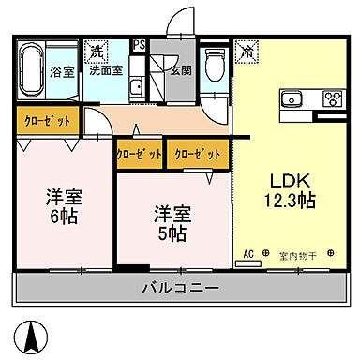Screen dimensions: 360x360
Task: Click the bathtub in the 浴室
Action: [x=28, y=70]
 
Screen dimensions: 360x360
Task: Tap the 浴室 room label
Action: [x=62, y=70]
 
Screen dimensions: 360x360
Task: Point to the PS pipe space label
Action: [x=139, y=44]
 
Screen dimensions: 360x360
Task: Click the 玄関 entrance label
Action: [x=180, y=69]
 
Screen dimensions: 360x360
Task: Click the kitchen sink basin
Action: [x=290, y=97]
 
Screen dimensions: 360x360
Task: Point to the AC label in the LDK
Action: [x=249, y=254]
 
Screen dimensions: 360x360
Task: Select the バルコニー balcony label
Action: [x=181, y=288]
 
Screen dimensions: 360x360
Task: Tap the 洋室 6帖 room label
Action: [x=63, y=207]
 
